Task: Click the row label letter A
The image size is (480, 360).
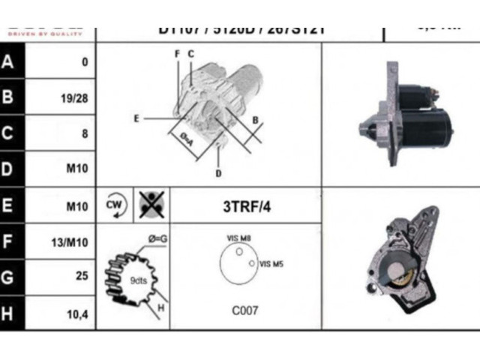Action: click(9, 61)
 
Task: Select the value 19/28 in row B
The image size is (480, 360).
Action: click(75, 97)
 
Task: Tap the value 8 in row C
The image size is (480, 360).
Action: click(85, 133)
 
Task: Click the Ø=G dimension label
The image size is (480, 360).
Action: click(157, 238)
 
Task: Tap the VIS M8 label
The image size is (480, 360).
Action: click(238, 238)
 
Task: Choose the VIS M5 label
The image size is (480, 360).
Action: click(271, 264)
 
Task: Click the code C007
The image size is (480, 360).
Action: click(245, 309)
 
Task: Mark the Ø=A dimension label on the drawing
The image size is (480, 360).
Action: click(186, 138)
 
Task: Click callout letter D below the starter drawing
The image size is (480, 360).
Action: click(218, 174)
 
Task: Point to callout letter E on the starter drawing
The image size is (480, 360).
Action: click(136, 118)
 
